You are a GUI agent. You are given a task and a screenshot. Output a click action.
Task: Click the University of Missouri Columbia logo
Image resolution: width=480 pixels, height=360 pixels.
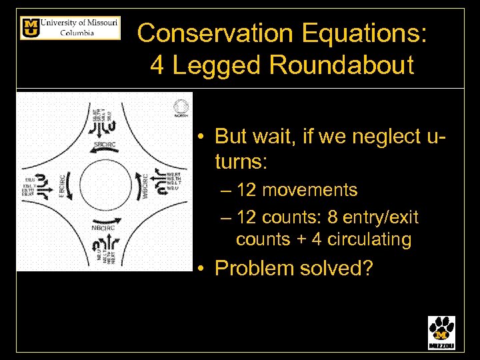tap(70, 28)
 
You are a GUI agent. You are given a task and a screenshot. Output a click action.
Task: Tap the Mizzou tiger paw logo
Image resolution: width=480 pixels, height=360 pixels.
tap(441, 332)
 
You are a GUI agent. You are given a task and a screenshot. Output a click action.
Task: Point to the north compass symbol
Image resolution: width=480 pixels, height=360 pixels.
tap(181, 107)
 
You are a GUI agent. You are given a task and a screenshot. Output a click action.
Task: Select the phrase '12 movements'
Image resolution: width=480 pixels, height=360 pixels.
tap(297, 190)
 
